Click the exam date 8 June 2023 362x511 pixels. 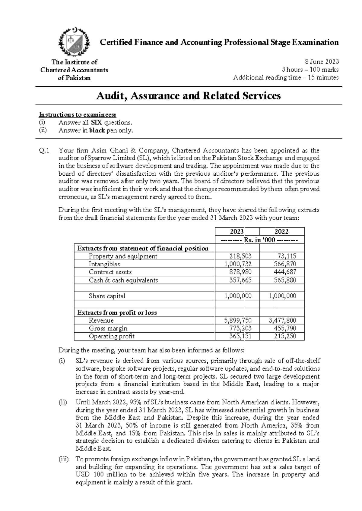[322, 62]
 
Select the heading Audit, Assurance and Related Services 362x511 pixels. [189, 96]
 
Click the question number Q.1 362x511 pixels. [44, 150]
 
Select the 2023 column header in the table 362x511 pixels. [237, 231]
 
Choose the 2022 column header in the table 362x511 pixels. [281, 231]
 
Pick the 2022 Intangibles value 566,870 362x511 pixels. [285, 264]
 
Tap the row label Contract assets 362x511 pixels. [110, 272]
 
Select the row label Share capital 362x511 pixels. [107, 296]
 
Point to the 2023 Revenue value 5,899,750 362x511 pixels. [237, 320]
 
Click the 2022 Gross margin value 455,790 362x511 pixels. [285, 328]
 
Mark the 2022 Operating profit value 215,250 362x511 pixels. [285, 336]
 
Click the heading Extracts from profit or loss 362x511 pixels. [117, 312]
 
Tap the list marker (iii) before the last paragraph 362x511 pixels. [64, 459]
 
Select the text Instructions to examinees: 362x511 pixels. [77, 114]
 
